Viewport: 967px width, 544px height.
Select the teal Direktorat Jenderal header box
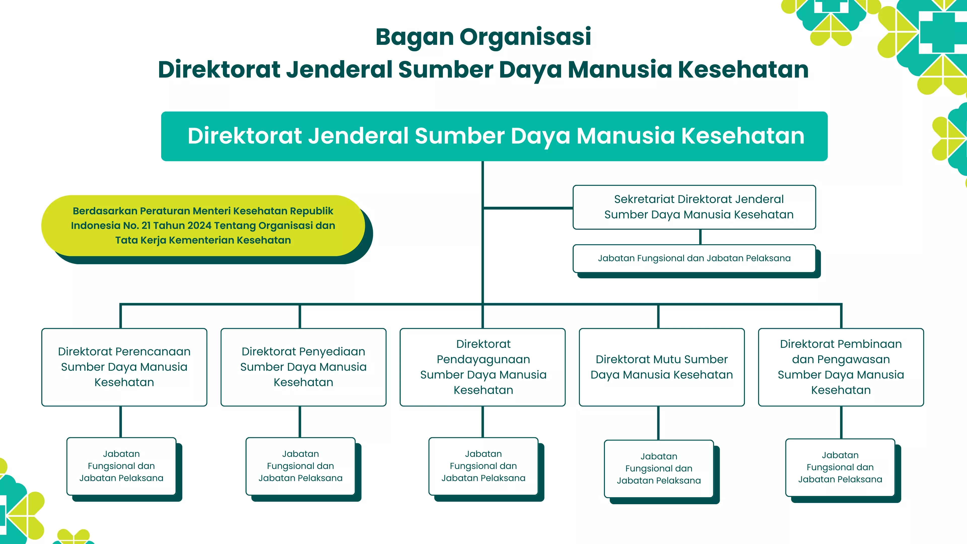point(494,136)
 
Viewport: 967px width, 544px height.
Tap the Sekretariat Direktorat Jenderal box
point(694,207)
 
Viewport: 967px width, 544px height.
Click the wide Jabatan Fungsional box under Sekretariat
point(694,258)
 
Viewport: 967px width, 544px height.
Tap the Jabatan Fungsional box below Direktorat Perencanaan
point(121,466)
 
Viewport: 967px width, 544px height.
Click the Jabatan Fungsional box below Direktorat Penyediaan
point(300,466)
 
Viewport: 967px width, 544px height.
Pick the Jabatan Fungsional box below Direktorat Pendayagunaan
point(483,466)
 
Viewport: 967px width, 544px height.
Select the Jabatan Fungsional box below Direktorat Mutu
point(659,468)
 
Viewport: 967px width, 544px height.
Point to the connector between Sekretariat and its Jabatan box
point(701,237)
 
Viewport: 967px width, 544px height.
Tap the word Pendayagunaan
point(483,359)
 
